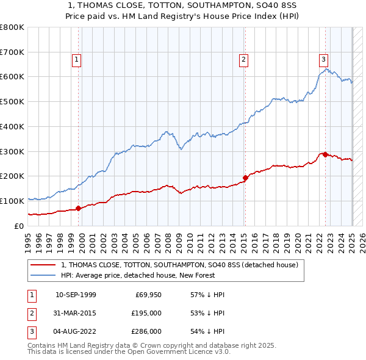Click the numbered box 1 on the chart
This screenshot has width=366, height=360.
coord(76,59)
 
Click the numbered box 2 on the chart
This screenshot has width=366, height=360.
coord(243,59)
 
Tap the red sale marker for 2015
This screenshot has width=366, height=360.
coord(245,178)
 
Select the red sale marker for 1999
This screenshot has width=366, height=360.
coord(78,209)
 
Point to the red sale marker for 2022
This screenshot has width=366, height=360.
coord(325,154)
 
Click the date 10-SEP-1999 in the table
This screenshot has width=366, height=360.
coord(76,295)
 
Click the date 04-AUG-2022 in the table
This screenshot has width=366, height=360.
coord(76,331)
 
